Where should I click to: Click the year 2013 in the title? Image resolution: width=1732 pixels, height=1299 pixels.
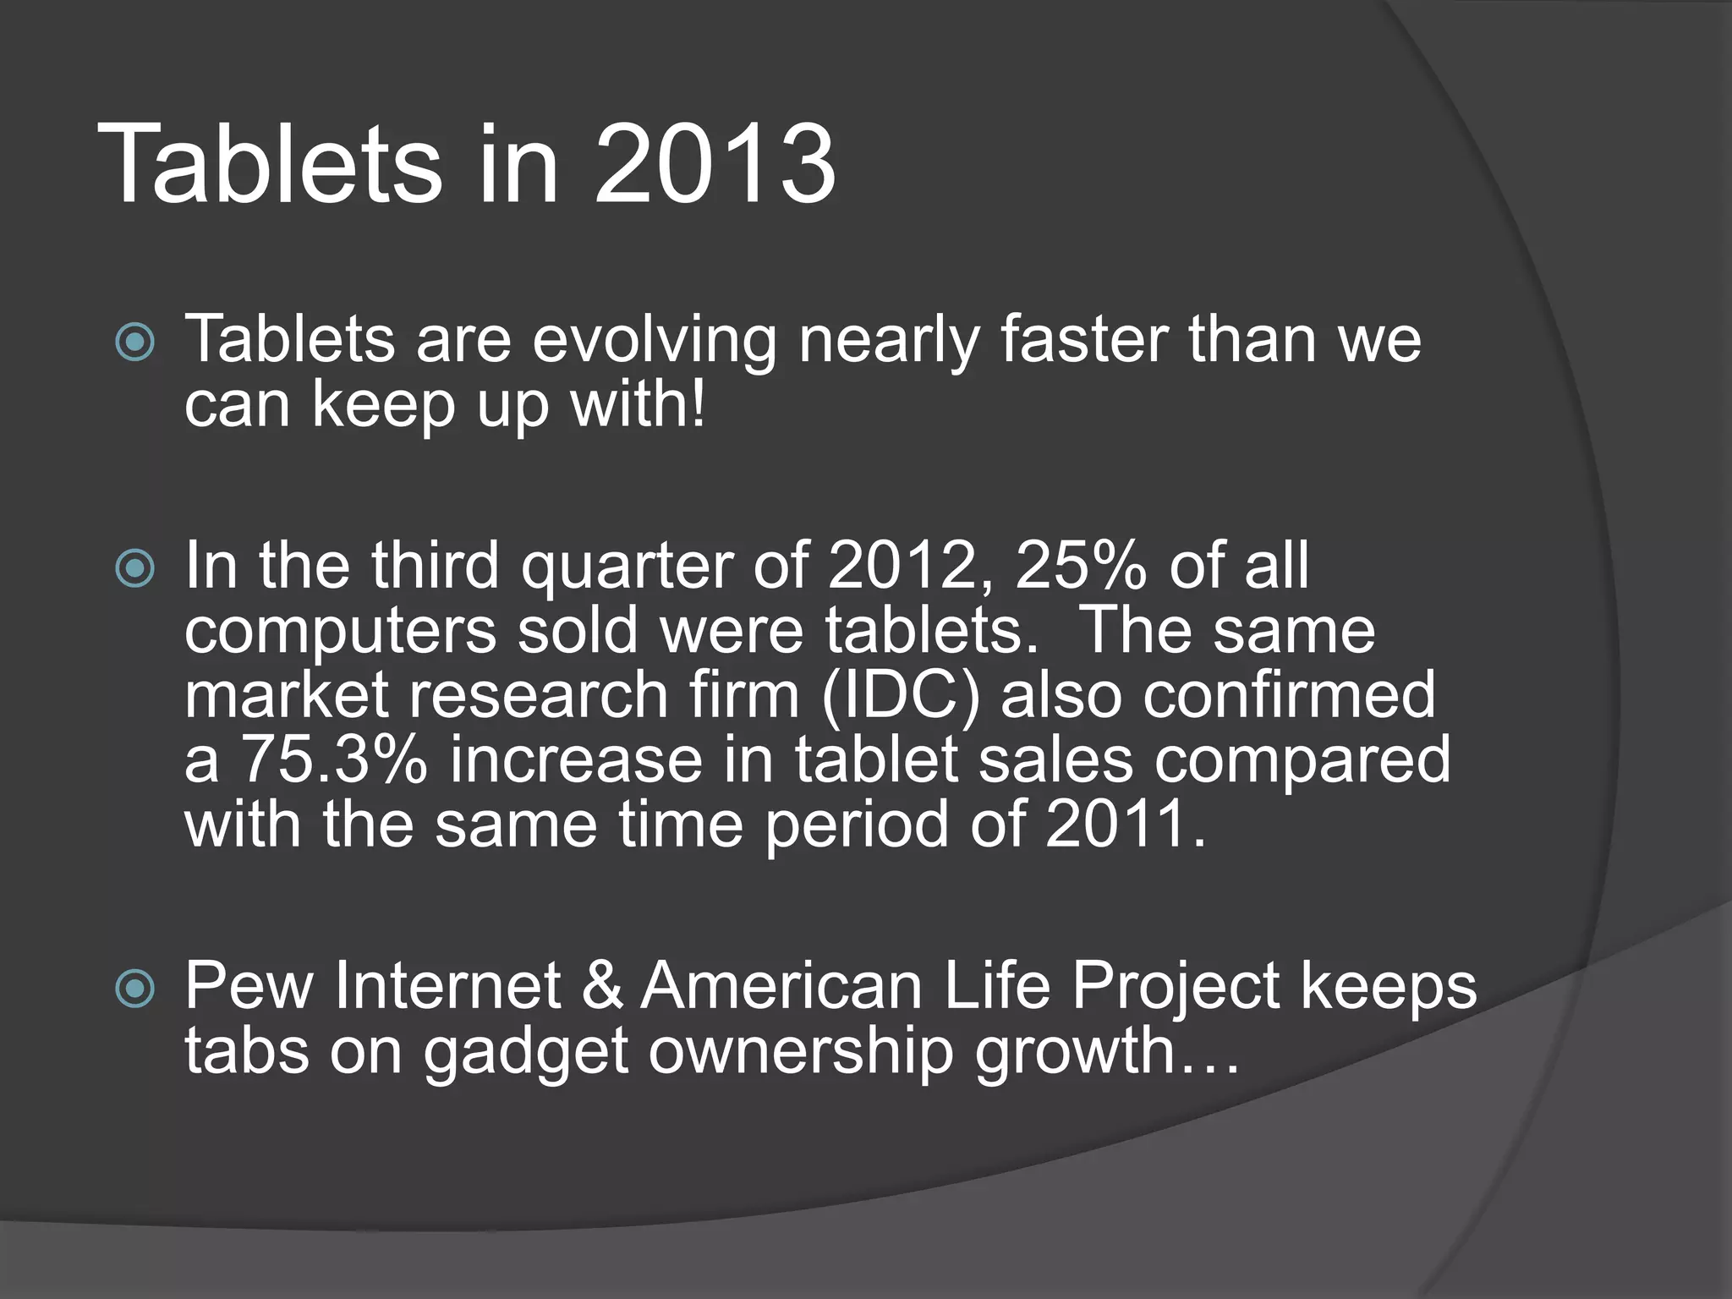click(x=715, y=165)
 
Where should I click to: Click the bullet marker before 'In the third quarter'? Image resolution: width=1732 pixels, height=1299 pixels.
click(x=135, y=569)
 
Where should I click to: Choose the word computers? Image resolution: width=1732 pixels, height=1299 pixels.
click(x=340, y=633)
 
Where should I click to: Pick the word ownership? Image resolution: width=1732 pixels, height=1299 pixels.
click(x=801, y=1054)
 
